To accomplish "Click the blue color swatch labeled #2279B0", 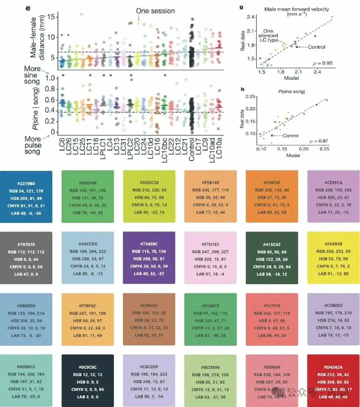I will coord(26,197).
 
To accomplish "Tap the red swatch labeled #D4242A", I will coord(333,380).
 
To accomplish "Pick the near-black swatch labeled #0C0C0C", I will coord(88,380).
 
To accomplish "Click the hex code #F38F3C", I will coord(272,183).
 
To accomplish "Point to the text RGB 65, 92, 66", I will coord(272,252).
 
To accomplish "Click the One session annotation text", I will coord(155,11).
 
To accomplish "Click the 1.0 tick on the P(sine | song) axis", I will coord(50,78).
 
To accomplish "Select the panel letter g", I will coord(241,7).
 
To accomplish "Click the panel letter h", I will coord(242,89).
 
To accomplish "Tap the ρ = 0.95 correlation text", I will coord(323,63).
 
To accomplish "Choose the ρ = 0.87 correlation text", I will coord(319,141).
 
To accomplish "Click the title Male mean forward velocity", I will coord(296,9).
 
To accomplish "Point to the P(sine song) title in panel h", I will coord(291,91).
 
